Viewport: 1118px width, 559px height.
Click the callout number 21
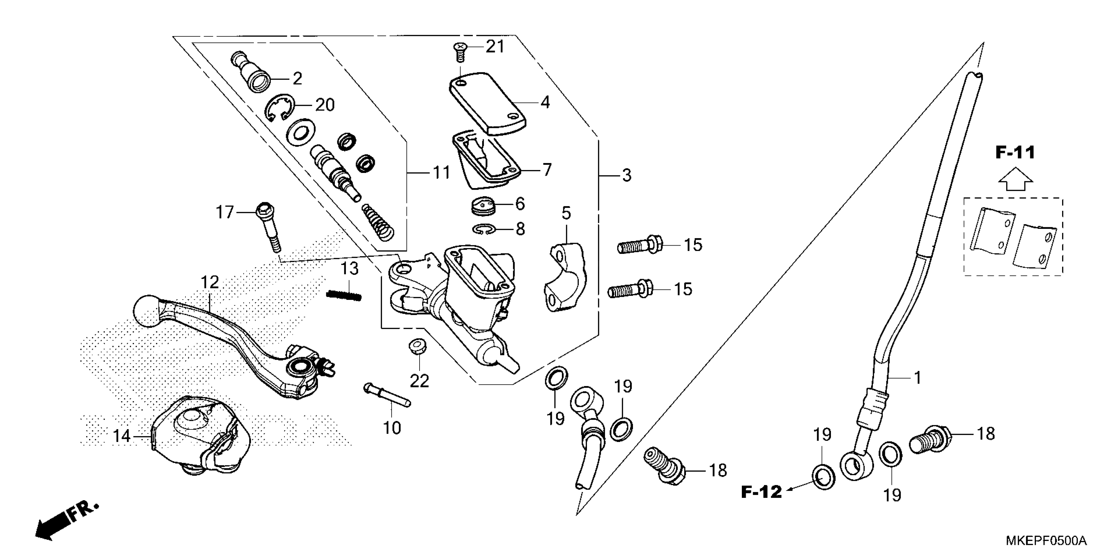click(495, 46)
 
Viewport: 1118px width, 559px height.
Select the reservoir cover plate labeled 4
click(487, 102)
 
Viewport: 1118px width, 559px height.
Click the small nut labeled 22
click(418, 347)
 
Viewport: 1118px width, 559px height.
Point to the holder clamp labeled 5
click(564, 278)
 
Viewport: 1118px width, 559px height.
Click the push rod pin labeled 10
click(386, 394)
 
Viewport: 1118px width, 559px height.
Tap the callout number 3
click(626, 176)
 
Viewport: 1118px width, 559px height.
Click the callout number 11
click(442, 173)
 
